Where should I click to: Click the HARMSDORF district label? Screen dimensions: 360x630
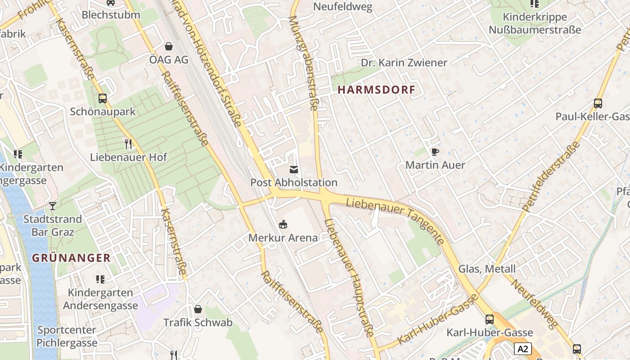click(x=376, y=90)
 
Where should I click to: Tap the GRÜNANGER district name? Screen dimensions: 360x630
click(x=71, y=258)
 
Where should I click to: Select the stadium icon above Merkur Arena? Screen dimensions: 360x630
click(x=283, y=224)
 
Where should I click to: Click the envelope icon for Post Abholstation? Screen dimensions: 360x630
click(x=293, y=169)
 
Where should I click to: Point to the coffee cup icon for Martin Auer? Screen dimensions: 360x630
click(x=435, y=152)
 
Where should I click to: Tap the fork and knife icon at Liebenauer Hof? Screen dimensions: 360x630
click(x=128, y=144)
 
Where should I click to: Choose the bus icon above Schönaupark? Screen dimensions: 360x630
click(x=103, y=98)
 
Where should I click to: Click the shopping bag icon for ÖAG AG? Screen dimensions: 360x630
click(x=169, y=46)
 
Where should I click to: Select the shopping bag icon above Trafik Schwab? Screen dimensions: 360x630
click(x=198, y=309)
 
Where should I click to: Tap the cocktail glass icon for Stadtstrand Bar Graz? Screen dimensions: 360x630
click(x=53, y=206)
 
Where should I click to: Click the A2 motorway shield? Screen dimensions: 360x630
click(x=522, y=349)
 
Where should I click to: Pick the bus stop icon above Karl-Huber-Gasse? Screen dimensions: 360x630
click(x=489, y=319)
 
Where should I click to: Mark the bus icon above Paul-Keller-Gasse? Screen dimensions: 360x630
click(x=598, y=103)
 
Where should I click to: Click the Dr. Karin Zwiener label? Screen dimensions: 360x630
click(x=404, y=63)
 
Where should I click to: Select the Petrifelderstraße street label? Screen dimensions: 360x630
click(x=552, y=177)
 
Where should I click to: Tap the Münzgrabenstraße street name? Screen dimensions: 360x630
click(x=303, y=63)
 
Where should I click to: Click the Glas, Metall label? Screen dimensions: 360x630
click(x=486, y=269)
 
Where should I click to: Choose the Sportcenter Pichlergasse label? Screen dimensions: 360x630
click(x=67, y=336)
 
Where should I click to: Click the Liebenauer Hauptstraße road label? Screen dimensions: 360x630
click(x=349, y=277)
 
